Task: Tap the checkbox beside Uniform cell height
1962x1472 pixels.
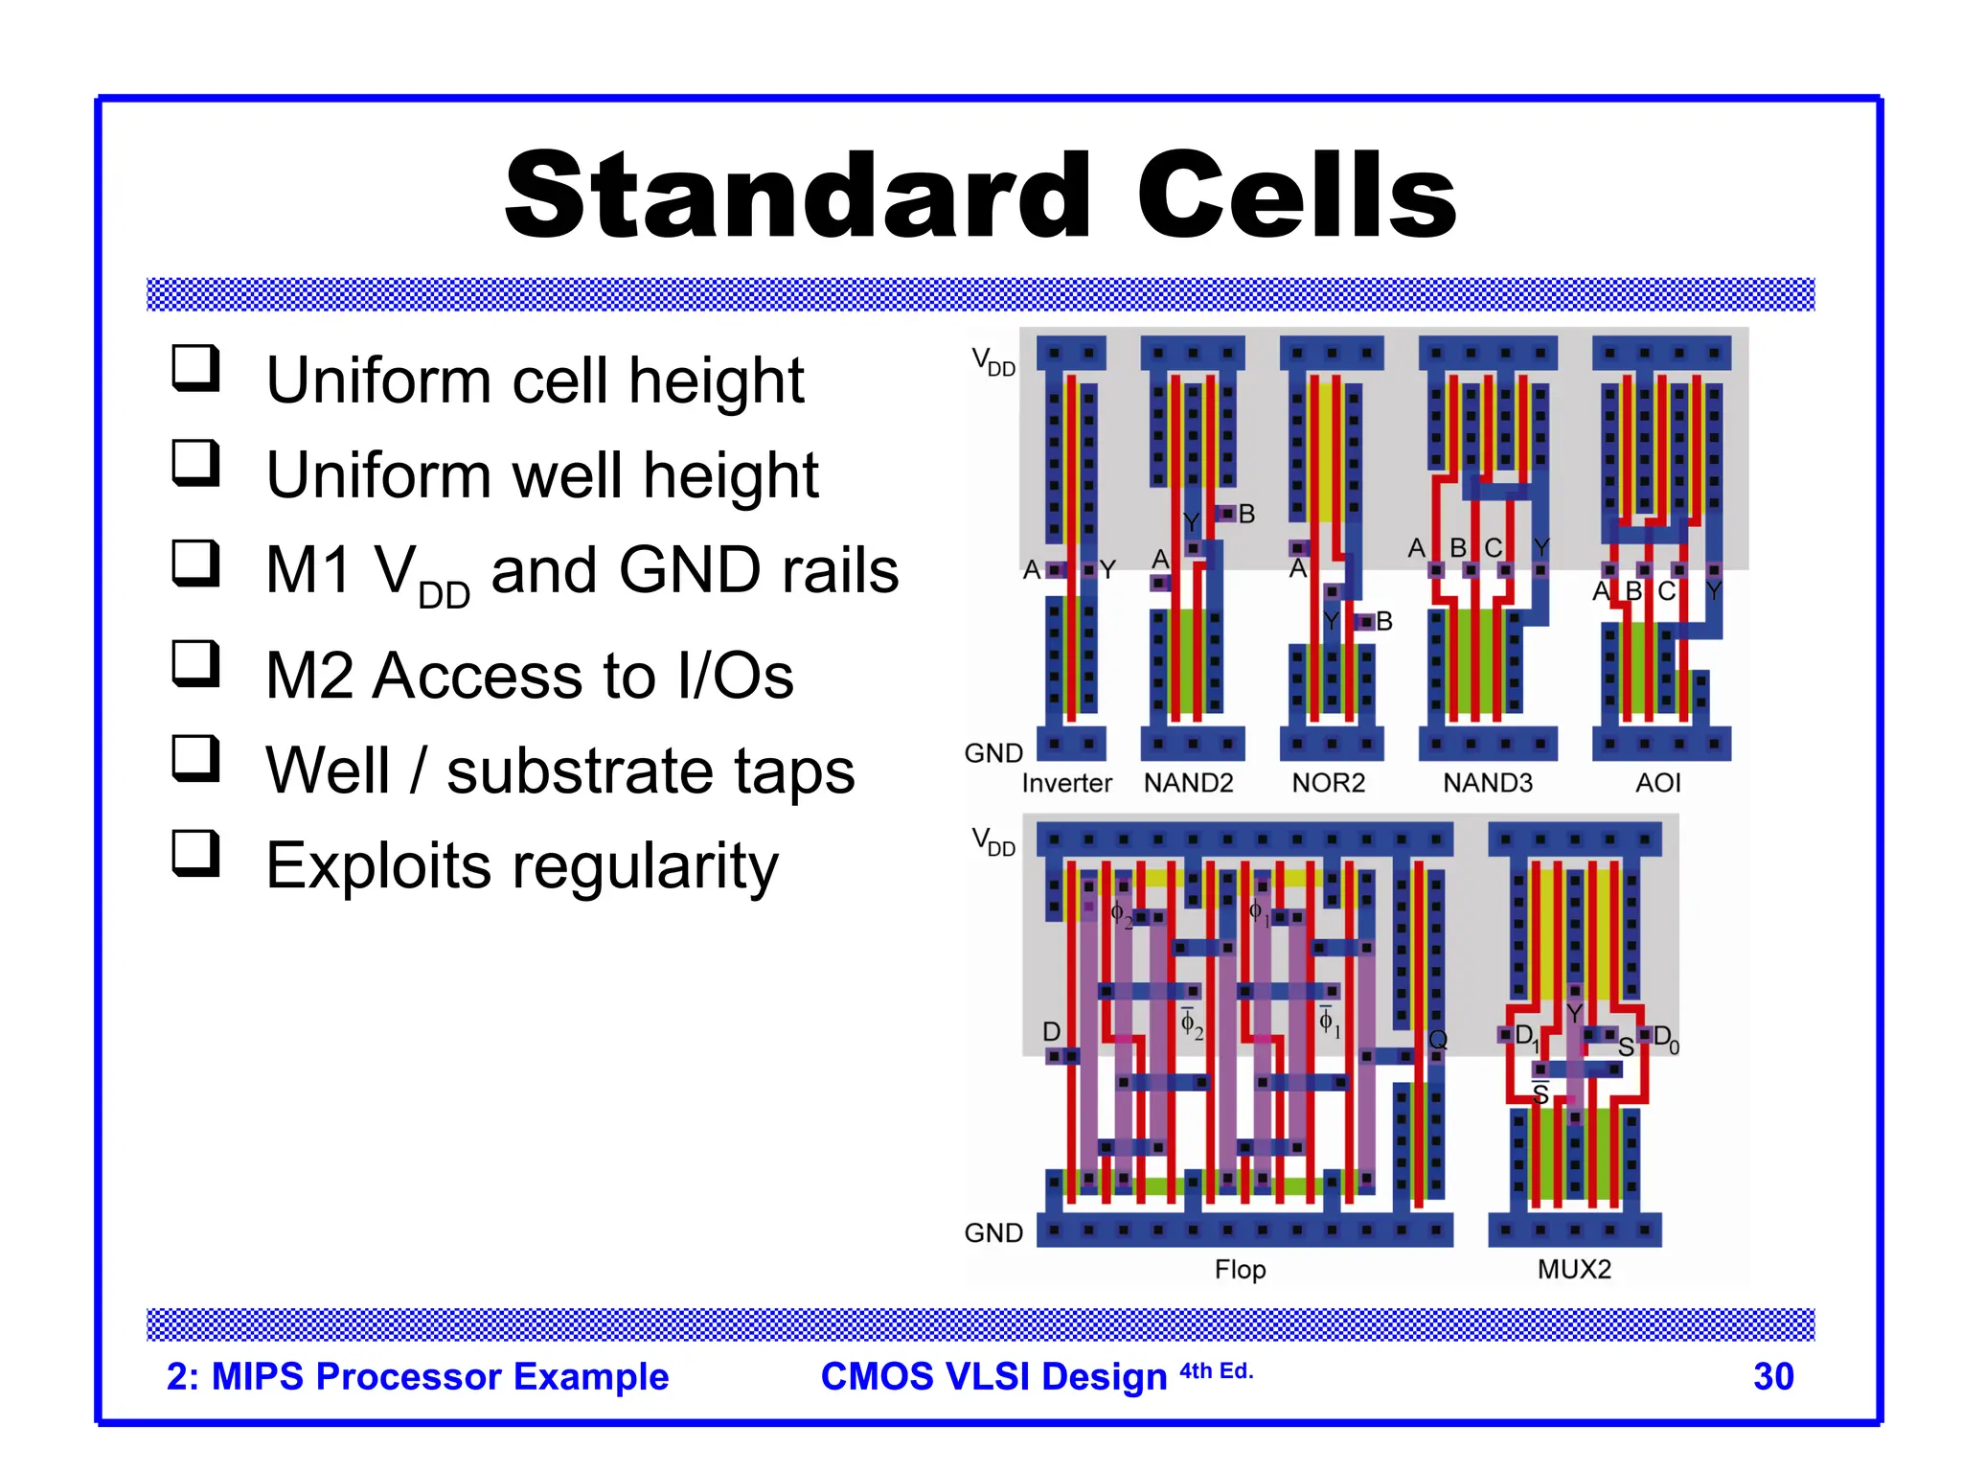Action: [x=195, y=368]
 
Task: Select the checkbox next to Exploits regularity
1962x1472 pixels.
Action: [x=195, y=853]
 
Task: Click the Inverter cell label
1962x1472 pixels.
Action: [x=1066, y=784]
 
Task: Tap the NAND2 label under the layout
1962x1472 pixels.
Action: [x=1188, y=784]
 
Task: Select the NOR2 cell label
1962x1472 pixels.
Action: [x=1328, y=784]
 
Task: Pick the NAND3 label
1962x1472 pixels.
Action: [x=1487, y=784]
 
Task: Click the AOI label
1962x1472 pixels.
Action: [x=1657, y=784]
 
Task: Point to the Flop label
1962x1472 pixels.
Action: [x=1240, y=1270]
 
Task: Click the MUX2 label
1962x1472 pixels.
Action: [x=1574, y=1270]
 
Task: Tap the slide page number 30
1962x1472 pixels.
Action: [x=1772, y=1376]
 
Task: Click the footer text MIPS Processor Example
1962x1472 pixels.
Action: [x=440, y=1376]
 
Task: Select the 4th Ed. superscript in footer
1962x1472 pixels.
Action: [x=1216, y=1371]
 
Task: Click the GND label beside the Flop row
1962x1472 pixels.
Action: [x=993, y=1233]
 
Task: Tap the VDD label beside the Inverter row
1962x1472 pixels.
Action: [x=993, y=362]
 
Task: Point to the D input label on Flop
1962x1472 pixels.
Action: [x=1051, y=1032]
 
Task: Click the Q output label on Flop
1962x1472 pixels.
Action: [x=1437, y=1040]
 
